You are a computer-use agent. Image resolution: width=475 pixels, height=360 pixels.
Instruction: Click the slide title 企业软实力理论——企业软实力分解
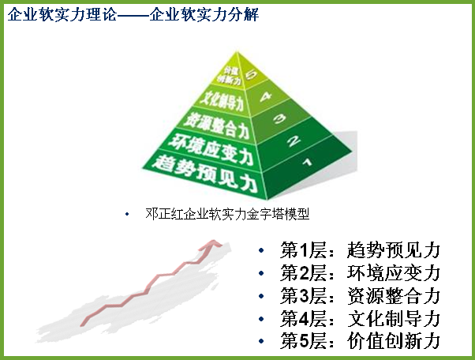[133, 14]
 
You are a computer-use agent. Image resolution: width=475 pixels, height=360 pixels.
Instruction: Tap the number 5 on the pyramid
[251, 74]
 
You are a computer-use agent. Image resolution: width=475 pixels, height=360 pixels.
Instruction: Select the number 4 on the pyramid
[266, 96]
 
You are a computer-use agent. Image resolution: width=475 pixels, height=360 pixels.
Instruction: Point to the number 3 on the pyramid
[280, 118]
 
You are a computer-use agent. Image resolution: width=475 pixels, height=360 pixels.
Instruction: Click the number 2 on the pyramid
[294, 141]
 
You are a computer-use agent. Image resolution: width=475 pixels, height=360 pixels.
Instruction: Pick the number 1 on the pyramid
[308, 162]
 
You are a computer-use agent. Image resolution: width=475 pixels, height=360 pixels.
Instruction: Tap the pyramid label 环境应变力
[211, 150]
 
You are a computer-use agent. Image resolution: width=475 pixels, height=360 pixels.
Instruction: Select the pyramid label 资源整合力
[217, 125]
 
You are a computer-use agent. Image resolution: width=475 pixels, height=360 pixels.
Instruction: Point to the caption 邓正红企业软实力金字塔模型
[227, 214]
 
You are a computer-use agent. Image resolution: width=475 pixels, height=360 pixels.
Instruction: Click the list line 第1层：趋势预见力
[360, 250]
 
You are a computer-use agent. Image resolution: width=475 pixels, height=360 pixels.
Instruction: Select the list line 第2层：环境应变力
[360, 273]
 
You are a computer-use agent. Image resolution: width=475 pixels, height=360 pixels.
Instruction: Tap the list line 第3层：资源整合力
[360, 296]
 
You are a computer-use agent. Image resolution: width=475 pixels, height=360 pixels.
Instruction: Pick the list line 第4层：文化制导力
[360, 318]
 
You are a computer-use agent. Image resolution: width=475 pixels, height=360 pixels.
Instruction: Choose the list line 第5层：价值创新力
[360, 341]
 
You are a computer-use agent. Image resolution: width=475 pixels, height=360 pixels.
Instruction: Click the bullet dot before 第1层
[261, 250]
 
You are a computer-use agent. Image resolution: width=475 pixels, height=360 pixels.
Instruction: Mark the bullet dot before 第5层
[261, 341]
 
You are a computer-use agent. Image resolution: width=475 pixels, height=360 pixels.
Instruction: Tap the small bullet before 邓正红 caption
[127, 214]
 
